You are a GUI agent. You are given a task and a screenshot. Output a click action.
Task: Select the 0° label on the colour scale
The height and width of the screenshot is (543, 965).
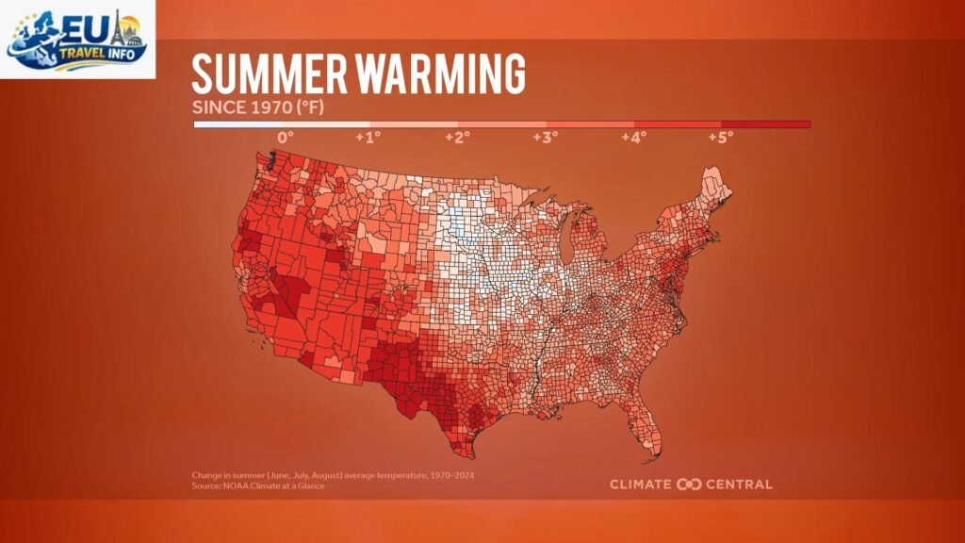tap(285, 137)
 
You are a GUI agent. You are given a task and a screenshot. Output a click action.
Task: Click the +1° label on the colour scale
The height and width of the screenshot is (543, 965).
tap(368, 137)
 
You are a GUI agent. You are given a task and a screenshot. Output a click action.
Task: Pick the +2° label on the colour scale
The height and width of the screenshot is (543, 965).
tap(457, 137)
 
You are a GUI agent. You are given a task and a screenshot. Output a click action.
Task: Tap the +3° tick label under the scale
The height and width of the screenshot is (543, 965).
tap(545, 137)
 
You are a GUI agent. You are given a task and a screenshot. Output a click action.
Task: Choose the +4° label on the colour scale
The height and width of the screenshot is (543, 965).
tap(633, 137)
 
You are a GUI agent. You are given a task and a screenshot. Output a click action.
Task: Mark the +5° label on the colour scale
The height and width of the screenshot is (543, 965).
tap(721, 137)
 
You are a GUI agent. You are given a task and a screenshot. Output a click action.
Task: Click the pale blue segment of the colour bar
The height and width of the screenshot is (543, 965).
tap(237, 123)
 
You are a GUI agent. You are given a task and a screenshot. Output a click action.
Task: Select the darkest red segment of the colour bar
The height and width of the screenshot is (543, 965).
tap(766, 123)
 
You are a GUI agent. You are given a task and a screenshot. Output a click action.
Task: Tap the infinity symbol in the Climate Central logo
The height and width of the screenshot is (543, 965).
tap(689, 485)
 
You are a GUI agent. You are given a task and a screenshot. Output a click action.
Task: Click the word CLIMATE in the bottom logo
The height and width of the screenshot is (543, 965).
tap(641, 485)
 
